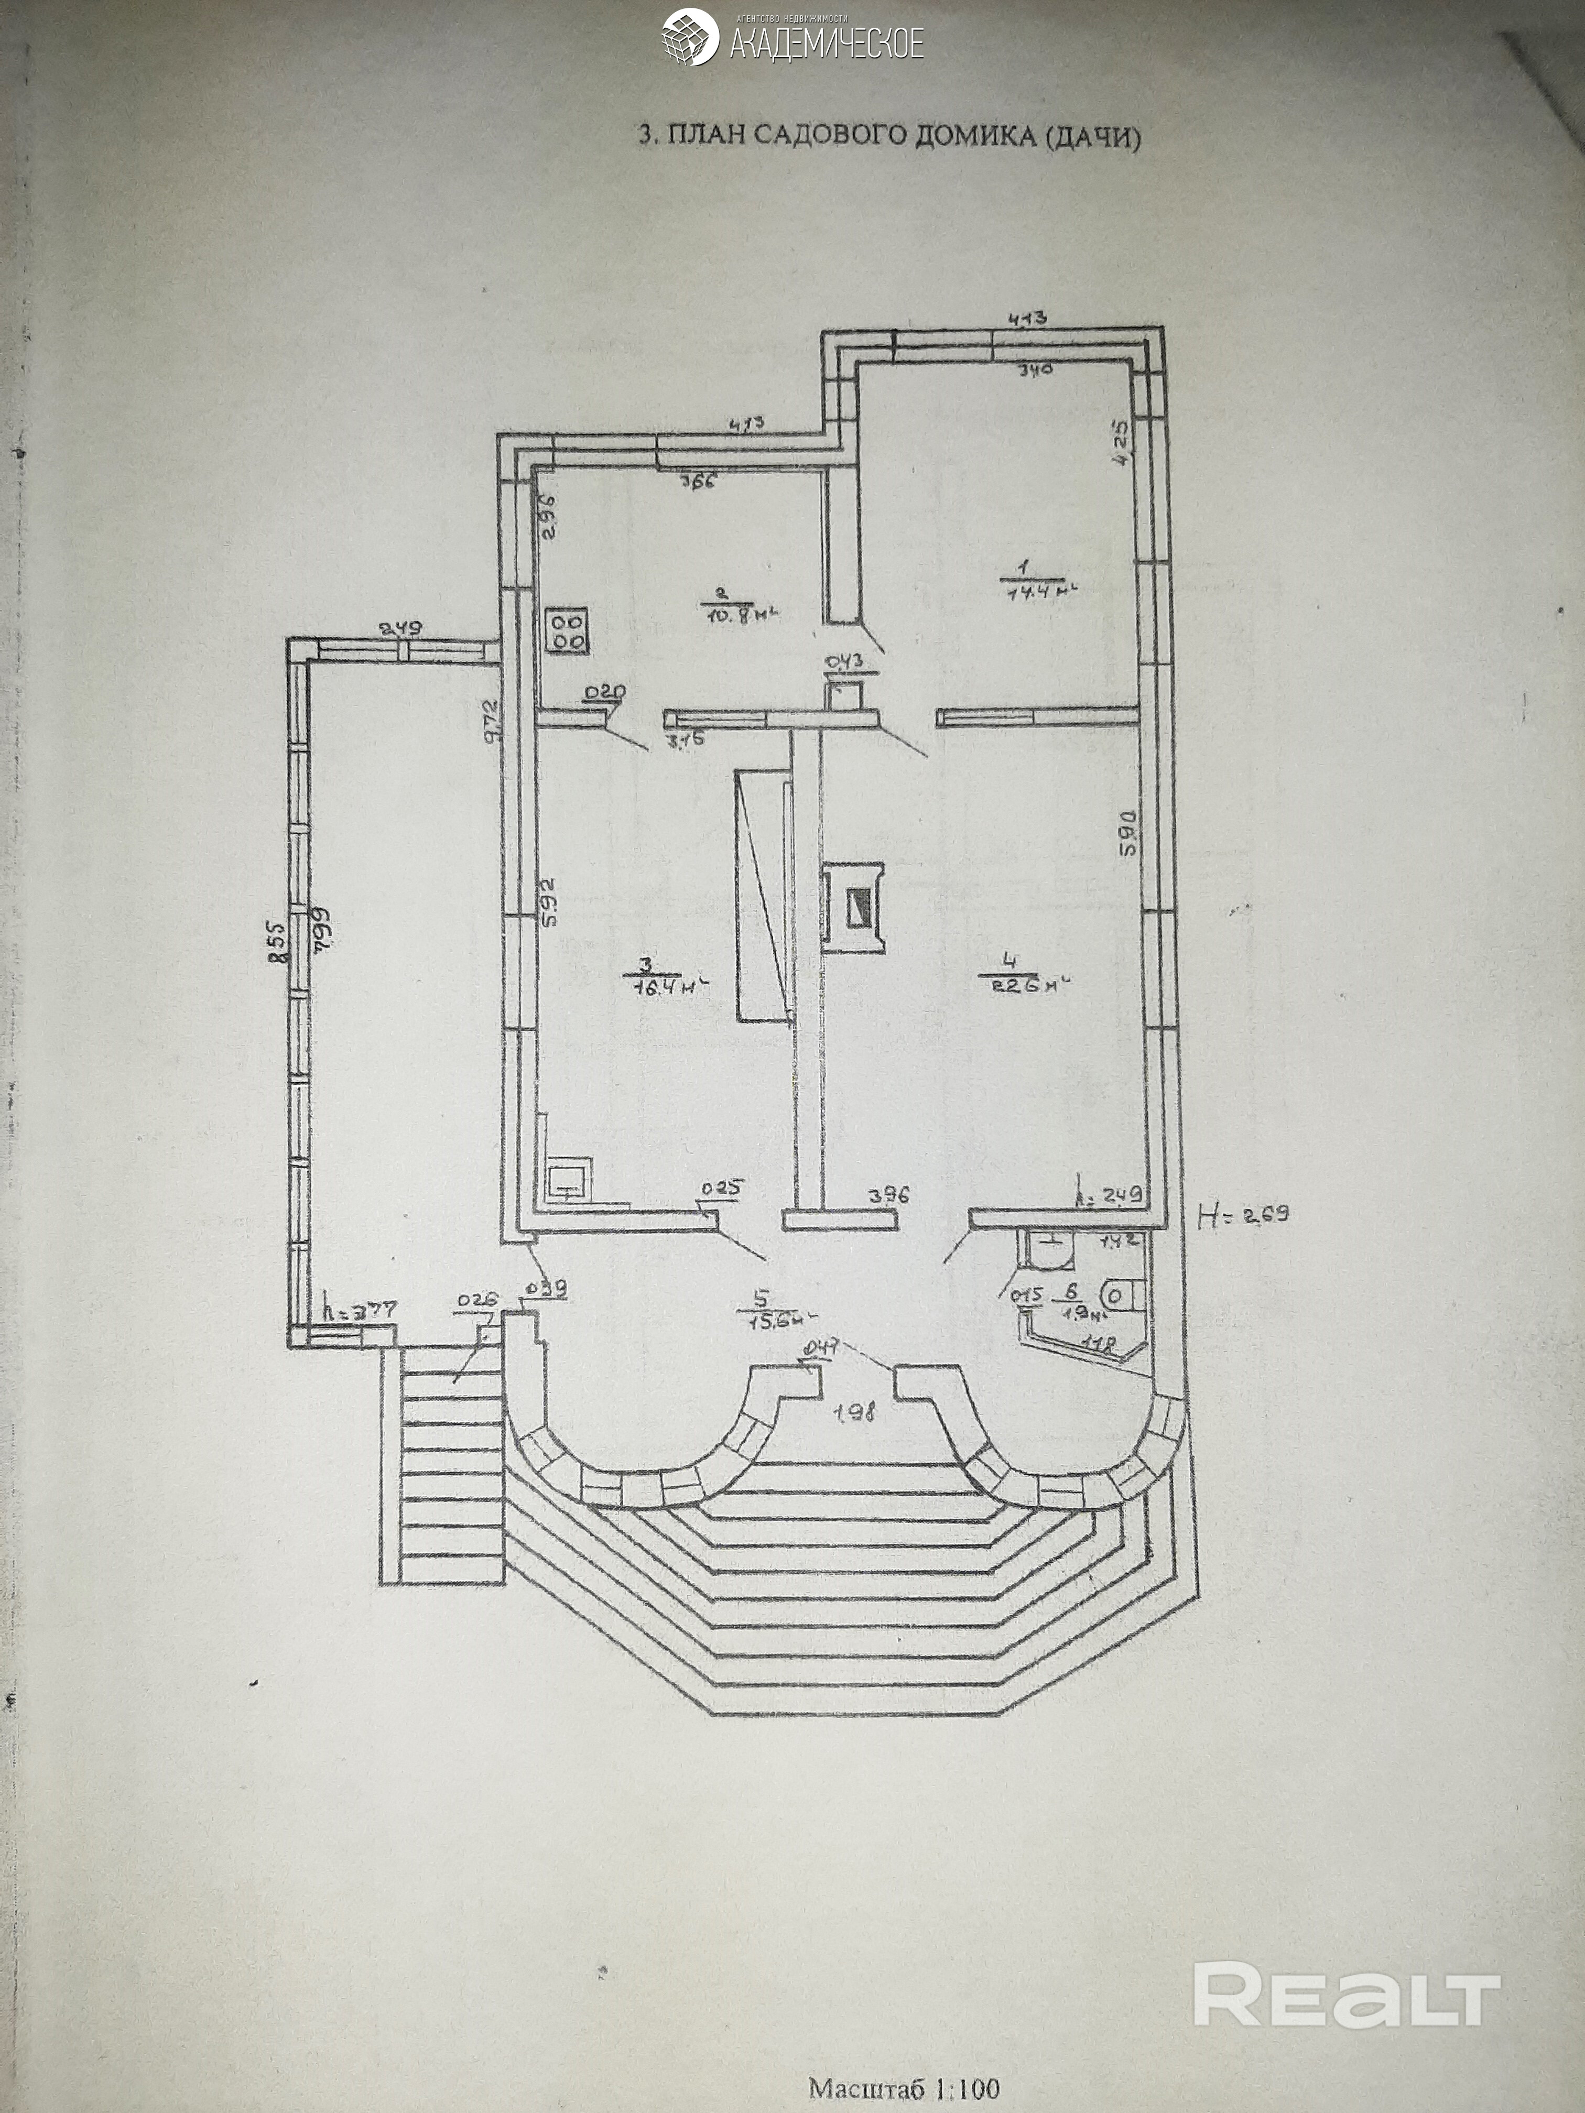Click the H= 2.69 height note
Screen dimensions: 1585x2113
[1242, 1215]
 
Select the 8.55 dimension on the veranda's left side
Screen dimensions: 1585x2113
[273, 946]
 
